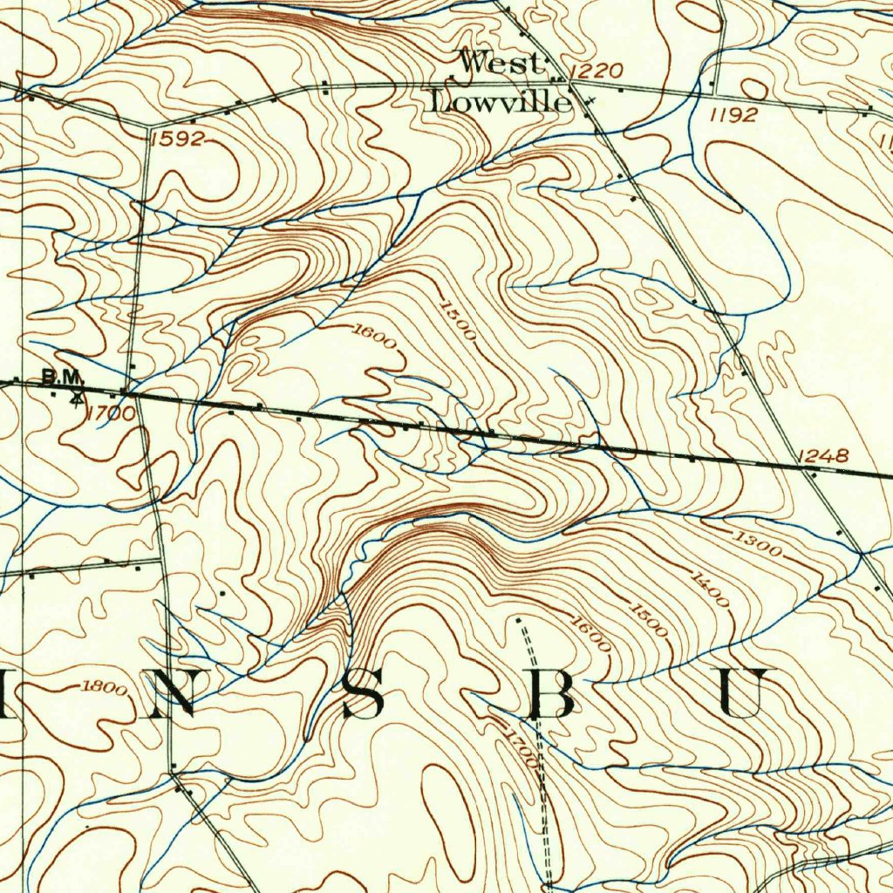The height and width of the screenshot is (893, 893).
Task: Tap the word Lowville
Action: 501,102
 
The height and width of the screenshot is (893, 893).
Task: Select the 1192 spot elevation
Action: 733,114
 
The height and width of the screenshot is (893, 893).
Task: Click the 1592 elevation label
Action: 176,138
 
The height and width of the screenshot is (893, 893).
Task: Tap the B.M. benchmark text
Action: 62,378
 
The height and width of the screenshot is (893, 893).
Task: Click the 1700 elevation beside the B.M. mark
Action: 111,413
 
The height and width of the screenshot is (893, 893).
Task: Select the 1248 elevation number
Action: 822,455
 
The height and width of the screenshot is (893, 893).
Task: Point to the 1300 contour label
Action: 756,541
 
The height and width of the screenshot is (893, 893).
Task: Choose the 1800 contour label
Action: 104,688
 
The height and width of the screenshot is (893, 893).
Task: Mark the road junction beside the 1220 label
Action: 571,85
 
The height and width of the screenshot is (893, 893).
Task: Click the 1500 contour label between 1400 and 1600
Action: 649,619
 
